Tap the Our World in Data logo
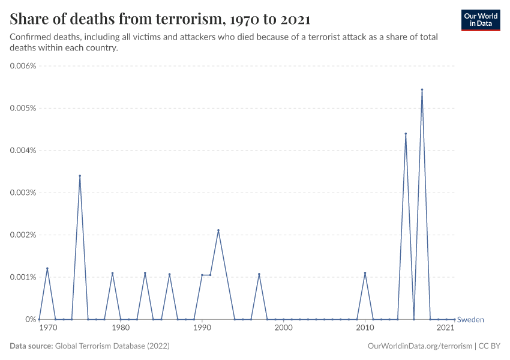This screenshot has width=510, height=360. (x=481, y=19)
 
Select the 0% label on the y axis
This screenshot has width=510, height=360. (x=31, y=319)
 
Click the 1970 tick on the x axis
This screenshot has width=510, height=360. (x=48, y=328)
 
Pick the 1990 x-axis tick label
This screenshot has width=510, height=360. (x=202, y=328)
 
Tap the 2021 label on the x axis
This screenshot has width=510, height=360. (x=445, y=328)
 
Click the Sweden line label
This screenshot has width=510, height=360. (x=470, y=320)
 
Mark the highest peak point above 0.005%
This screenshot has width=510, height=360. (x=422, y=89)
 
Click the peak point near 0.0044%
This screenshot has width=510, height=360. (x=406, y=134)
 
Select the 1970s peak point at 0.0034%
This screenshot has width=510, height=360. (x=80, y=176)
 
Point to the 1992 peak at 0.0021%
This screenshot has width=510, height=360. (x=218, y=230)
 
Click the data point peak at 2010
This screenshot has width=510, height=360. (x=365, y=273)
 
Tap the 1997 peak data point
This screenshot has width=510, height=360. (x=259, y=274)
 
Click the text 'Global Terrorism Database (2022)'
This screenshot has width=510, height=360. (x=112, y=346)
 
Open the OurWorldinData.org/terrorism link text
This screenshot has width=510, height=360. (x=418, y=346)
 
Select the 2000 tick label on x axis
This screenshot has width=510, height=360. (x=283, y=328)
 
